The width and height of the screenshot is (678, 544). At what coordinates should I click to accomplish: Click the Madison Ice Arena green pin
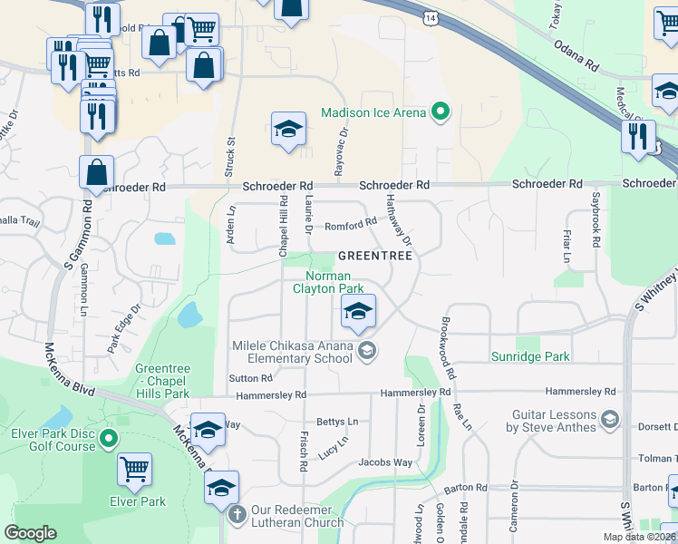[x=441, y=112]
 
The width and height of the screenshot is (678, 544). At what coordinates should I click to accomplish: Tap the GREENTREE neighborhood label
[x=375, y=257]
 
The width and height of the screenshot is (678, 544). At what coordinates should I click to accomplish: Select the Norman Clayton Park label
[x=328, y=282]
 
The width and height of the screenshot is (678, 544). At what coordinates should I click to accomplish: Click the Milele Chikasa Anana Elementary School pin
[x=367, y=351]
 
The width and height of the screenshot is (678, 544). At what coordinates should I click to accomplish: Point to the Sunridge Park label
[x=530, y=356]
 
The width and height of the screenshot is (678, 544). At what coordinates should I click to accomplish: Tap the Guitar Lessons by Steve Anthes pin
[x=610, y=418]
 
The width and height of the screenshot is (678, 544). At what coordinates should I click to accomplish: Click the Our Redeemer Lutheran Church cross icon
[x=237, y=516]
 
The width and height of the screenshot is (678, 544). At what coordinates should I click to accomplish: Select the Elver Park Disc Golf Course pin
[x=109, y=440]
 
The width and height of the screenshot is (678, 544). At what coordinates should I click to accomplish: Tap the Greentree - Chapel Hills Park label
[x=162, y=381]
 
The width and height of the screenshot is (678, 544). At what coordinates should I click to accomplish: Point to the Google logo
[x=30, y=533]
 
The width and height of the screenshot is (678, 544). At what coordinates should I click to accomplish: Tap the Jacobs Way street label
[x=385, y=462]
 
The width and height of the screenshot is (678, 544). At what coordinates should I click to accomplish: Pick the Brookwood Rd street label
[x=446, y=348]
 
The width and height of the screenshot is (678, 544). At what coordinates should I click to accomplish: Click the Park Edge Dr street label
[x=121, y=332]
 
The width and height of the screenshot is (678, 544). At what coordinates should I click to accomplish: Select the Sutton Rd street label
[x=251, y=378]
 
